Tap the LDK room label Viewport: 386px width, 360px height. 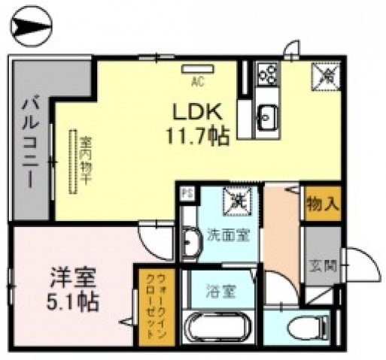198,112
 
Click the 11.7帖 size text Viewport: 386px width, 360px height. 198,137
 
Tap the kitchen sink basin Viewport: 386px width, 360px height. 267,116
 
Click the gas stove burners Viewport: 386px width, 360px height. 268,74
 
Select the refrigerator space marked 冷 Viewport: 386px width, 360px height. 327,74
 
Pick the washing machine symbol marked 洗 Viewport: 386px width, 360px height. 236,201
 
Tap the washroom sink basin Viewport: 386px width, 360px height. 191,242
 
